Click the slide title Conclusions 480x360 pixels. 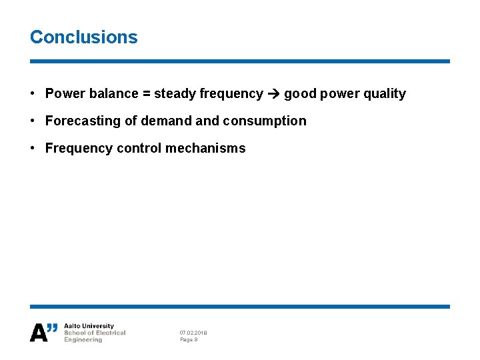(x=83, y=37)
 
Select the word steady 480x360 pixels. (x=175, y=94)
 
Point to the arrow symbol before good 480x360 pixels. (x=273, y=94)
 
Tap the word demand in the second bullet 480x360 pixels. (x=161, y=121)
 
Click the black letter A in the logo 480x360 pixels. (x=39, y=333)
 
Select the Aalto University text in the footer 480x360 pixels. (x=89, y=327)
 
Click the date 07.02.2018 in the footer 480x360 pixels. (x=193, y=333)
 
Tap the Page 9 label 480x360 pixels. (x=189, y=340)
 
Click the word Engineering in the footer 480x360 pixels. (x=83, y=340)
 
